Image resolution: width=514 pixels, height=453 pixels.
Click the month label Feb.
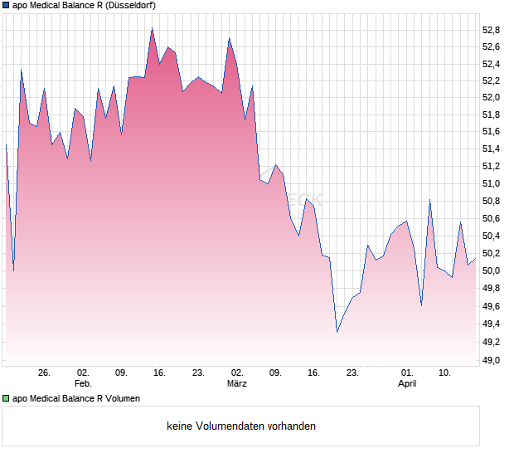pos(83,384)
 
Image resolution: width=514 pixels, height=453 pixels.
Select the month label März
pos(237,384)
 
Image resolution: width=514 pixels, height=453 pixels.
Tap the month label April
pos(407,384)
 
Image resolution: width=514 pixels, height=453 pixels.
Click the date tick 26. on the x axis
pos(45,373)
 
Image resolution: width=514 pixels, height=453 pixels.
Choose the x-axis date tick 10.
pos(445,373)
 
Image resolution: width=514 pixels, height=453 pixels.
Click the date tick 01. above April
pos(407,373)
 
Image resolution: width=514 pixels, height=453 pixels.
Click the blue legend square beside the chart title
pos(7,5)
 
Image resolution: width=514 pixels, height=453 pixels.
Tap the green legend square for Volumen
pos(7,398)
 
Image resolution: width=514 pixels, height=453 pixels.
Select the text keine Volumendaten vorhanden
pos(241,426)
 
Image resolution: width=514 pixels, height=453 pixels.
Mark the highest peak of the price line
pos(152,28)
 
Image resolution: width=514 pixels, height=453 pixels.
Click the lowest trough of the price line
pos(337,333)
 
